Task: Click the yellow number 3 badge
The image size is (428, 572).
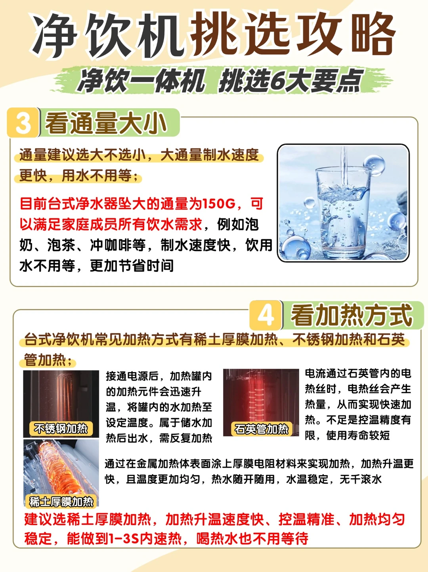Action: click(x=23, y=122)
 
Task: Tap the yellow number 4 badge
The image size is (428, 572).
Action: click(x=266, y=315)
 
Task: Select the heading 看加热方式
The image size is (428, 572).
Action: click(x=352, y=315)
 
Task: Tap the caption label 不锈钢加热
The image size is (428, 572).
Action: click(x=61, y=429)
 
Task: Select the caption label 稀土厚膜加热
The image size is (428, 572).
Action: click(x=61, y=502)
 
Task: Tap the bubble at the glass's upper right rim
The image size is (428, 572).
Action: click(x=374, y=165)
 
